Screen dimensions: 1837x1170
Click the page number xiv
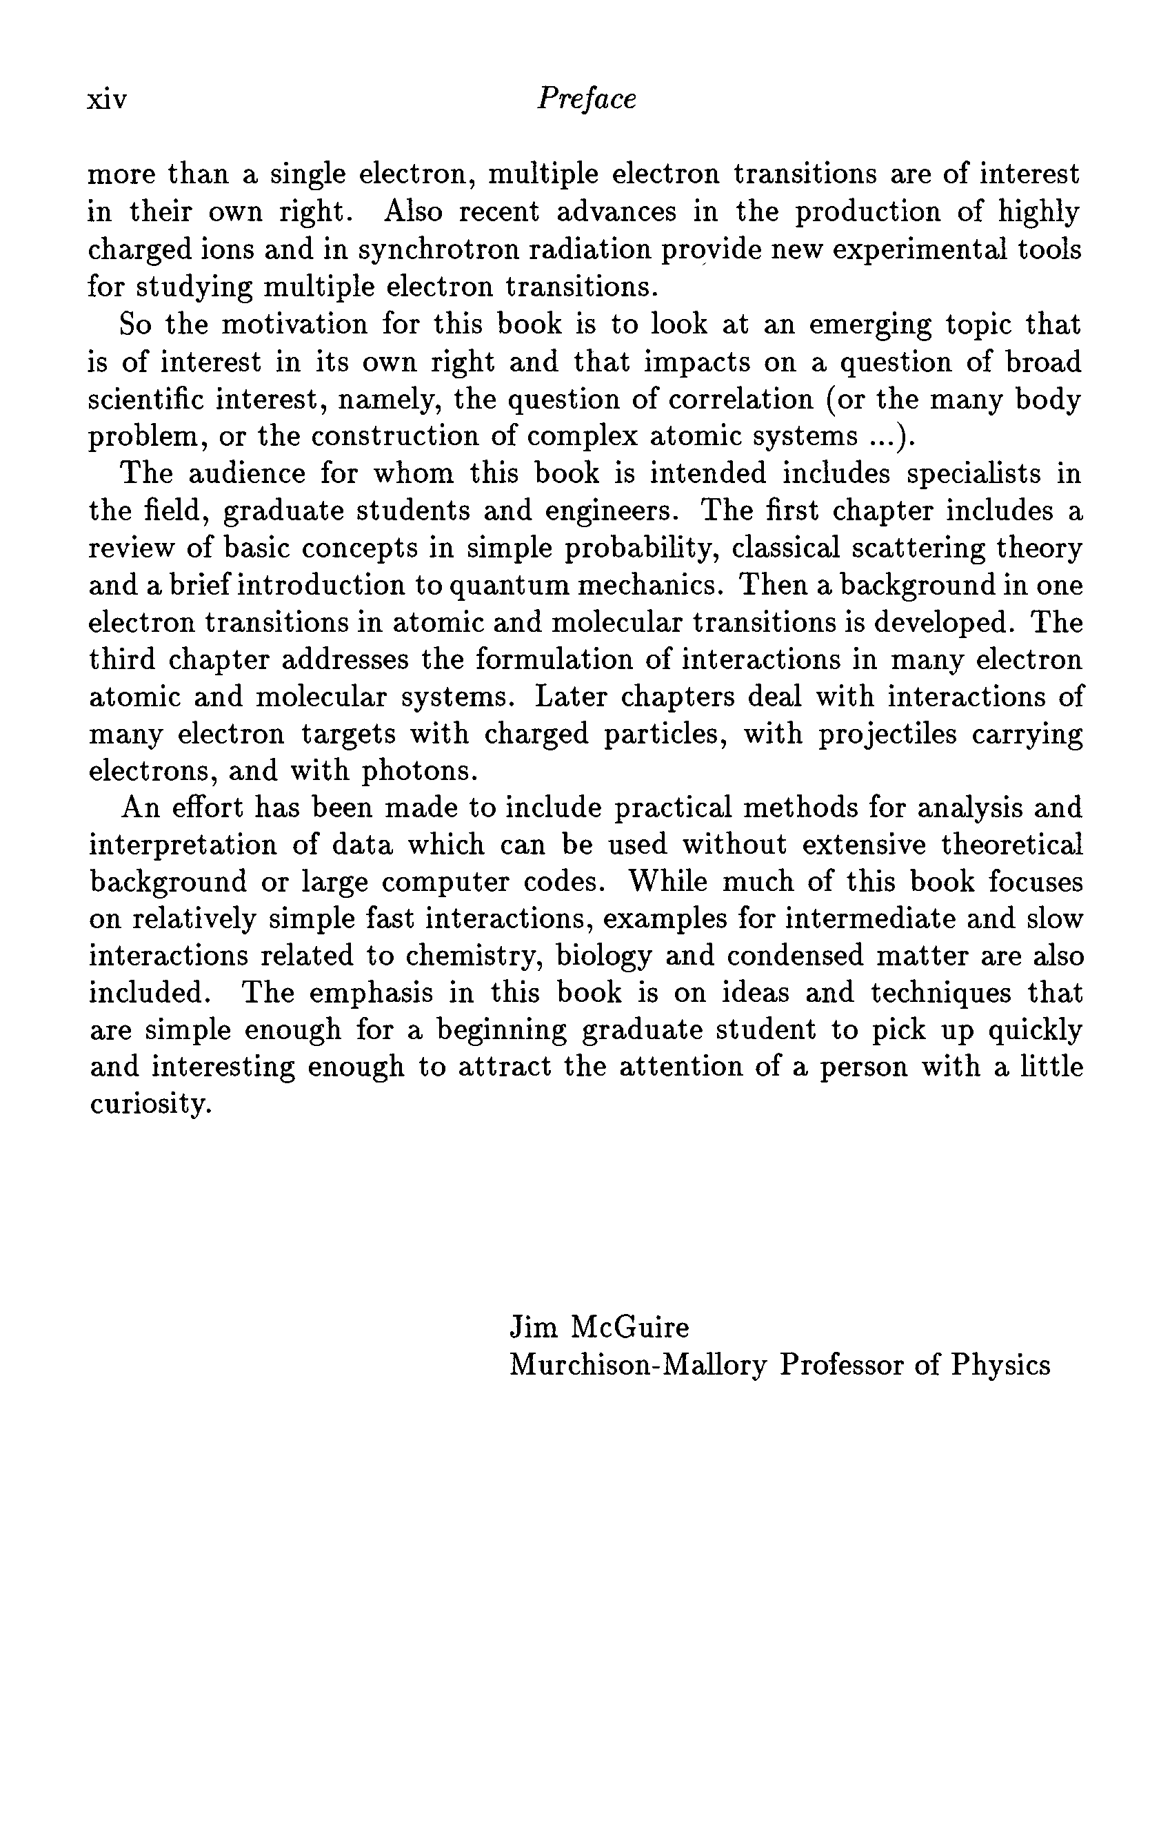107,100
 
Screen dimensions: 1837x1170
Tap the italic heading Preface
586,99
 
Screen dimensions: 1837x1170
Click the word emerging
870,326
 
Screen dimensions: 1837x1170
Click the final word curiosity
150,1105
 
